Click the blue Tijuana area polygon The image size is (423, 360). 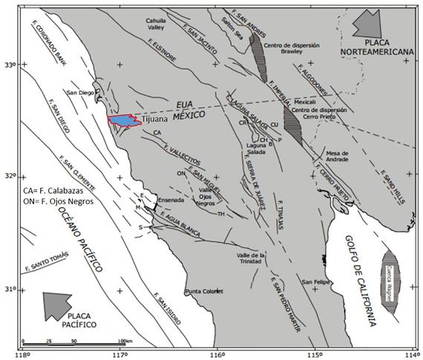(x=123, y=120)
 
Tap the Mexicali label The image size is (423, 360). (x=305, y=101)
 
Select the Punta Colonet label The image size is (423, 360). (x=204, y=291)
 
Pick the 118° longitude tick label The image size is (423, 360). (x=24, y=353)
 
